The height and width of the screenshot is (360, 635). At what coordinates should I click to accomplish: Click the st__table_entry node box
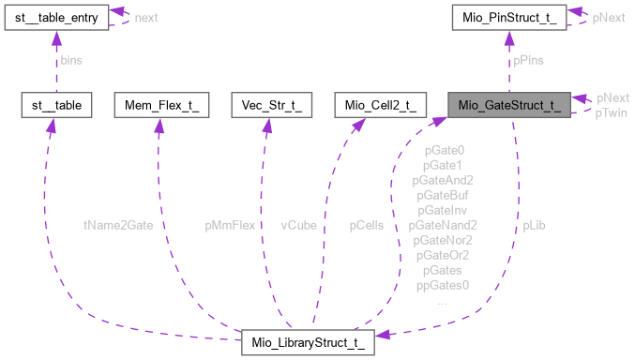tap(55, 17)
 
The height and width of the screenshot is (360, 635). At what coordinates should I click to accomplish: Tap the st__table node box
tap(55, 105)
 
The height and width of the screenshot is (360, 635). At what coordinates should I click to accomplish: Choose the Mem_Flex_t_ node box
tap(157, 105)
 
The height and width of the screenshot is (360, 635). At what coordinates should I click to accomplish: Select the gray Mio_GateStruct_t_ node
tap(507, 105)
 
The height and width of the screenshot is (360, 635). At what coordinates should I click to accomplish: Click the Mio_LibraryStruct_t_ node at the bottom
tap(308, 342)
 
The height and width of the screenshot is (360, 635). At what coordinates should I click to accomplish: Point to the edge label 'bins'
tap(71, 60)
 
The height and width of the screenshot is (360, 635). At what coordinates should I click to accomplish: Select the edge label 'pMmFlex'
tap(230, 225)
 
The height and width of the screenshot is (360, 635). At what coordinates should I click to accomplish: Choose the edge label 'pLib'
tap(536, 225)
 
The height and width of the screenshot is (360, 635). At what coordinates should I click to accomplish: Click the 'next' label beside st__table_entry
tap(145, 17)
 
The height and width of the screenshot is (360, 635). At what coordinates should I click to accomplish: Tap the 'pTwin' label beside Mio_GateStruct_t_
tap(611, 112)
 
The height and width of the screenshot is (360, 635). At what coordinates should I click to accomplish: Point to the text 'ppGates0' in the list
tap(443, 285)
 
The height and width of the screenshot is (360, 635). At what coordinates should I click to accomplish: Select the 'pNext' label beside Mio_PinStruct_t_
tap(609, 17)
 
